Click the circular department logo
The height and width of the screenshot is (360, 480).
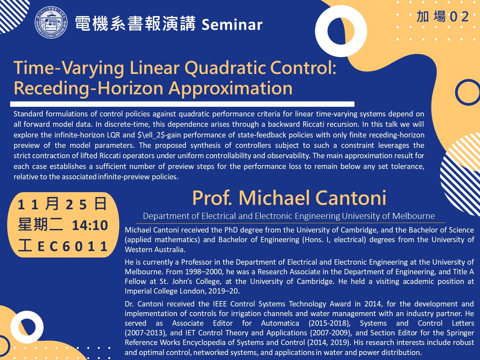[x=51, y=22]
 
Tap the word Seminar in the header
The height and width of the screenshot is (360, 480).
[x=232, y=25]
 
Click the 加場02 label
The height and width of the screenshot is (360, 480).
[x=442, y=17]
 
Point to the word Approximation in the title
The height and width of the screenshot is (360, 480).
[x=230, y=88]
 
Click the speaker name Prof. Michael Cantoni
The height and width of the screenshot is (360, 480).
[x=289, y=198]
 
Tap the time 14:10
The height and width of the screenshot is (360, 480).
[x=90, y=225]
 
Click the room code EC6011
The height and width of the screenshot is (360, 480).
[x=72, y=246]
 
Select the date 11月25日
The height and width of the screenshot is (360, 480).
[x=62, y=204]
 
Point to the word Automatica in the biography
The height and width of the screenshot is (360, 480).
[x=280, y=323]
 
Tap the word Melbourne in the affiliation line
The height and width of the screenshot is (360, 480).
[x=413, y=216]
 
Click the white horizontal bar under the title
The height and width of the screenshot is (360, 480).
[x=182, y=104]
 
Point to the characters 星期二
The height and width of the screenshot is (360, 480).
[x=40, y=225]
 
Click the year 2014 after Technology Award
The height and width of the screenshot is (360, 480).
[x=373, y=304]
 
